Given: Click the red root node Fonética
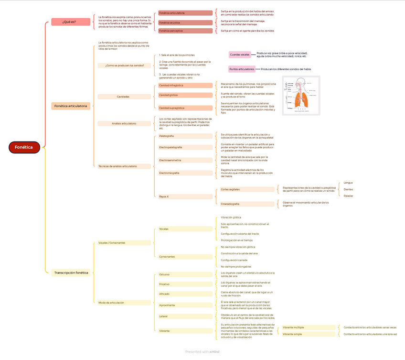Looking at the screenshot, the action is [24, 147].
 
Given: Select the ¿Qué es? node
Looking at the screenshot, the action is [70, 22].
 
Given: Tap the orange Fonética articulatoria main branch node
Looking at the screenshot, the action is [71, 106].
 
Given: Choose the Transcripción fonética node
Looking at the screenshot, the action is [71, 273].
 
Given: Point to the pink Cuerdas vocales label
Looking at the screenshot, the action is [240, 55].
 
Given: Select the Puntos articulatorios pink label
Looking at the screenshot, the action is [242, 69].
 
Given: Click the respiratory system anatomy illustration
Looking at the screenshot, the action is [301, 96].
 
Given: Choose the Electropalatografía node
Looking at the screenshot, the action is [185, 147].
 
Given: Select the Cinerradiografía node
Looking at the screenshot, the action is [247, 204].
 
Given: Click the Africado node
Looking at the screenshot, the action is [185, 294].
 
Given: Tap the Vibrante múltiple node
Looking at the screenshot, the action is [308, 327].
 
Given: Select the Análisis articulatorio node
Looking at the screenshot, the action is [124, 123].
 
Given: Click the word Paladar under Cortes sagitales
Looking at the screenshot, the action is [349, 196].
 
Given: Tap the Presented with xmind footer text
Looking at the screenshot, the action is [202, 352].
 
